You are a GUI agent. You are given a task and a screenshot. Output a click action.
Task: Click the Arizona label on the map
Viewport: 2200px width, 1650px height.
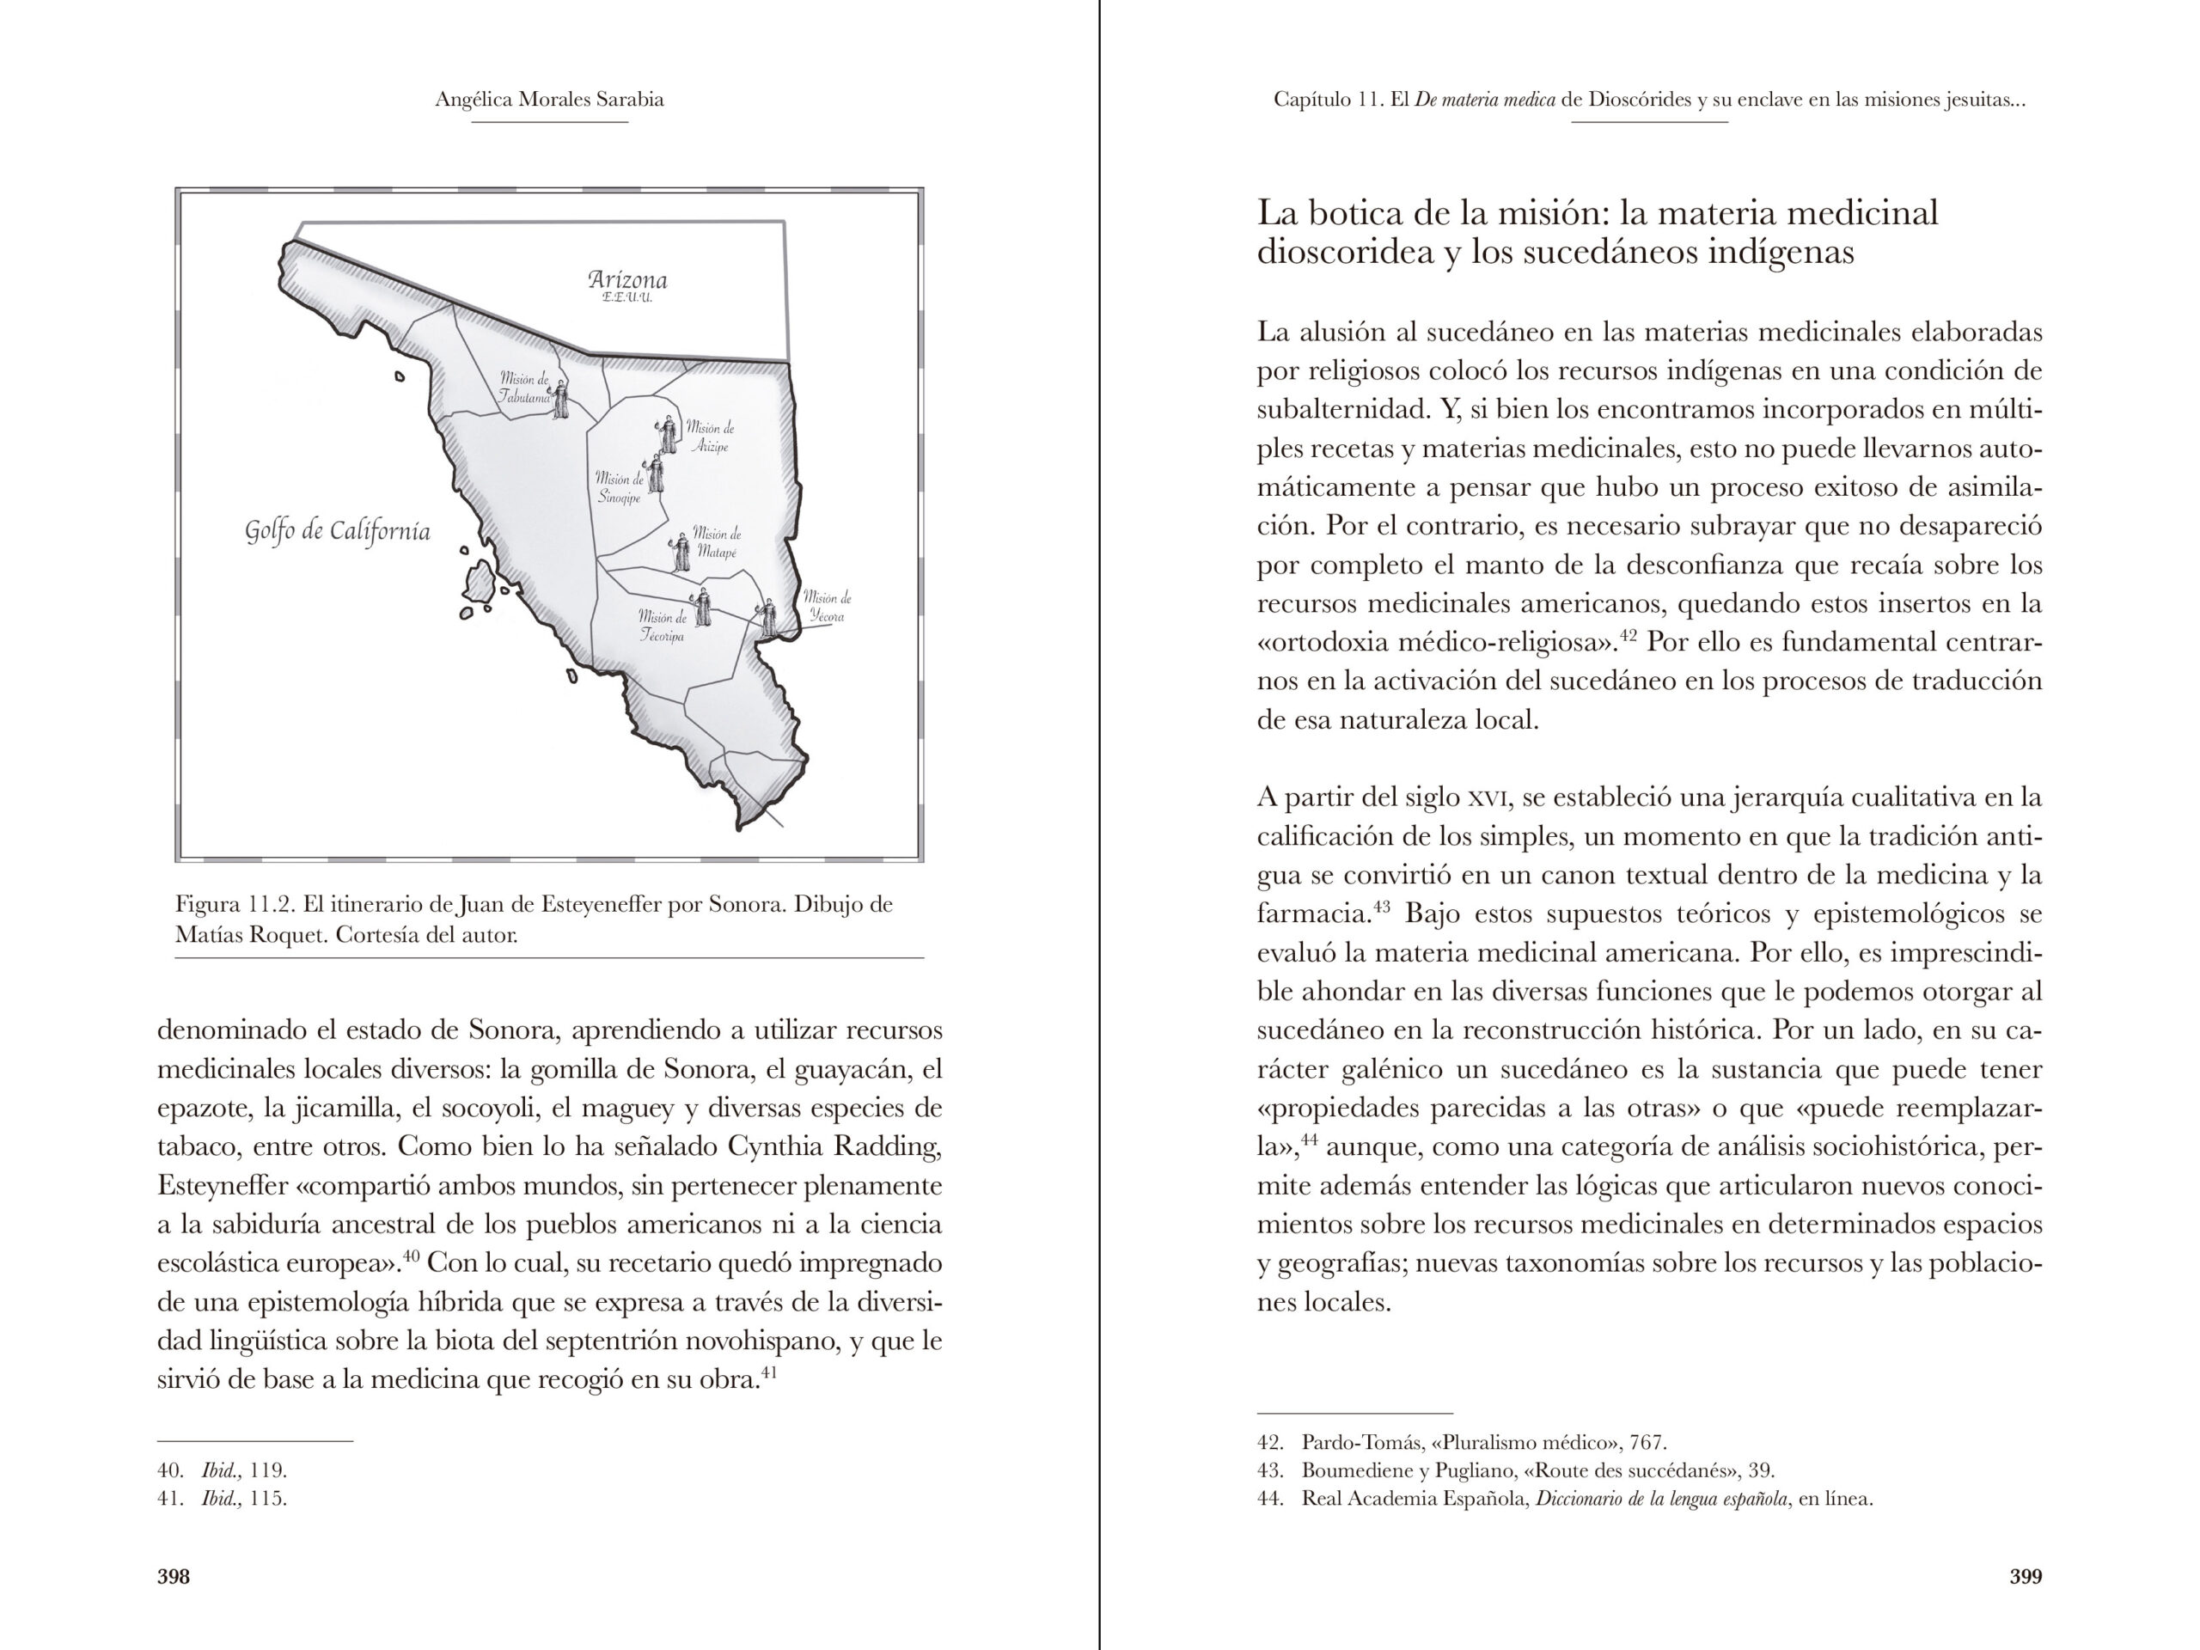[x=626, y=279]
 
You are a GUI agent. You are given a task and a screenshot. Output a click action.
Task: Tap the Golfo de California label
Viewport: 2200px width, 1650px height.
[x=338, y=531]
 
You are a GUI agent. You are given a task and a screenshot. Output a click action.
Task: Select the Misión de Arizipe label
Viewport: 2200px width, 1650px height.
[x=710, y=437]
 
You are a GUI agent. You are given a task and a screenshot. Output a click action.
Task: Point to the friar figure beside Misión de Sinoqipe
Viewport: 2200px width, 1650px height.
[x=656, y=474]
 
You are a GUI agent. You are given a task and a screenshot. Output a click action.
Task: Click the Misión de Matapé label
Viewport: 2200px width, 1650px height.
[x=716, y=542]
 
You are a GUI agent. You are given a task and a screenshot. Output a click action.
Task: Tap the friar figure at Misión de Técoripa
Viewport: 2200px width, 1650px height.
[x=702, y=607]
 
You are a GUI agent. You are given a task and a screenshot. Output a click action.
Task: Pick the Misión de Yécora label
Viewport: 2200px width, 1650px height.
[x=827, y=607]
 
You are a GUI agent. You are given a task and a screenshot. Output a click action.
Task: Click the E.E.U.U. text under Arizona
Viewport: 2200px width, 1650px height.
[x=626, y=298]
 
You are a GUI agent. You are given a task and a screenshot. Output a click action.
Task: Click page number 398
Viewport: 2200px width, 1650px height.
[x=173, y=1576]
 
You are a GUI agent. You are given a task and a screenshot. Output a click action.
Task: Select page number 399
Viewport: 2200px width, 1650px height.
[x=2025, y=1576]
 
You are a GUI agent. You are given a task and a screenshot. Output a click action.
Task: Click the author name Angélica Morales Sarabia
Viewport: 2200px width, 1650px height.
[x=549, y=100]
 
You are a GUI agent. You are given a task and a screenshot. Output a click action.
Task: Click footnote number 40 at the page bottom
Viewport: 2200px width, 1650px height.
[x=169, y=1470]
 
